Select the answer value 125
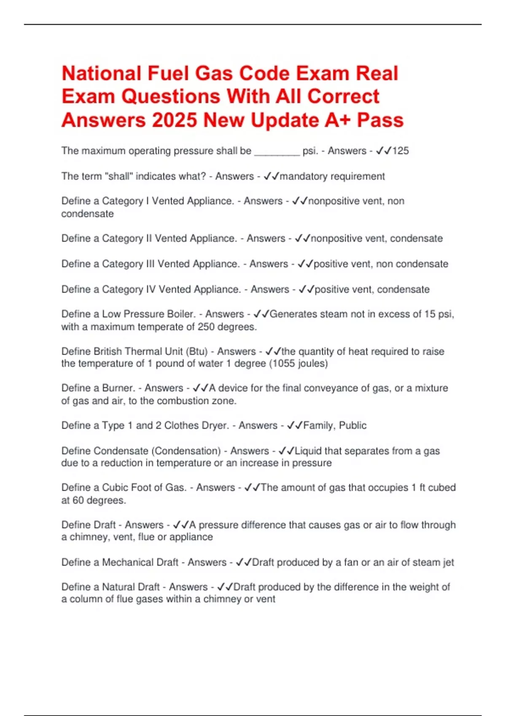[401, 151]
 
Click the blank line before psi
[277, 152]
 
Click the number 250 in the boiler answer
[206, 327]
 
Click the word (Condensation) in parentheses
[186, 451]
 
